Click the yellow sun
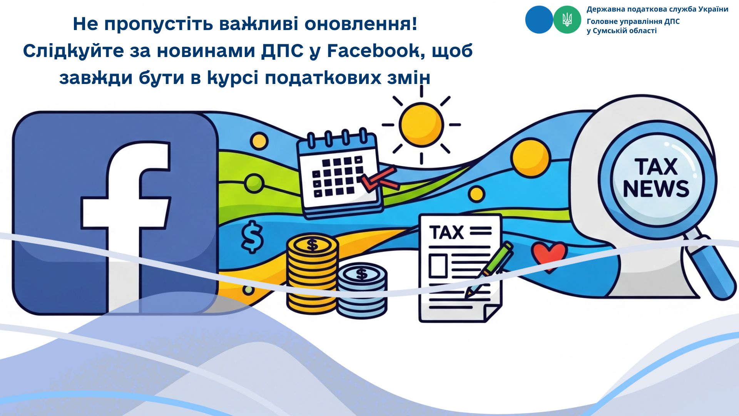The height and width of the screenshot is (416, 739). tap(421, 125)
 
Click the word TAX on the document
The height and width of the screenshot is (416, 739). tap(447, 232)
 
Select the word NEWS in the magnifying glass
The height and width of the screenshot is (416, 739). tap(656, 188)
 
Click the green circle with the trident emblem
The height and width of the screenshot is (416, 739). tap(567, 20)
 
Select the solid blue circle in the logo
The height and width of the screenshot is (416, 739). tap(539, 20)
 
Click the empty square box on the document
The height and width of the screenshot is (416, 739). tap(438, 266)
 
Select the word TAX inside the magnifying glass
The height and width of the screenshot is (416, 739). tap(656, 166)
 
